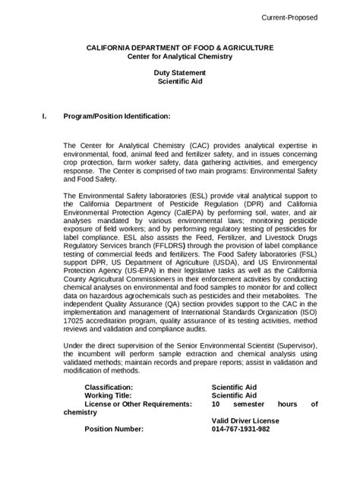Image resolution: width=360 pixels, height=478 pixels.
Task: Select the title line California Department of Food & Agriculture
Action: [179, 48]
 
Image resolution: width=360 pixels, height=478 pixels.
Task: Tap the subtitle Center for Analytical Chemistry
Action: [179, 57]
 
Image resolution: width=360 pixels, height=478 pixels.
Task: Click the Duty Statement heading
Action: [179, 73]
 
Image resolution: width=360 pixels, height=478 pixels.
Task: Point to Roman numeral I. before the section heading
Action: [44, 116]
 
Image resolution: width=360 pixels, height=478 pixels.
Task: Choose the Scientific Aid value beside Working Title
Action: [234, 395]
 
